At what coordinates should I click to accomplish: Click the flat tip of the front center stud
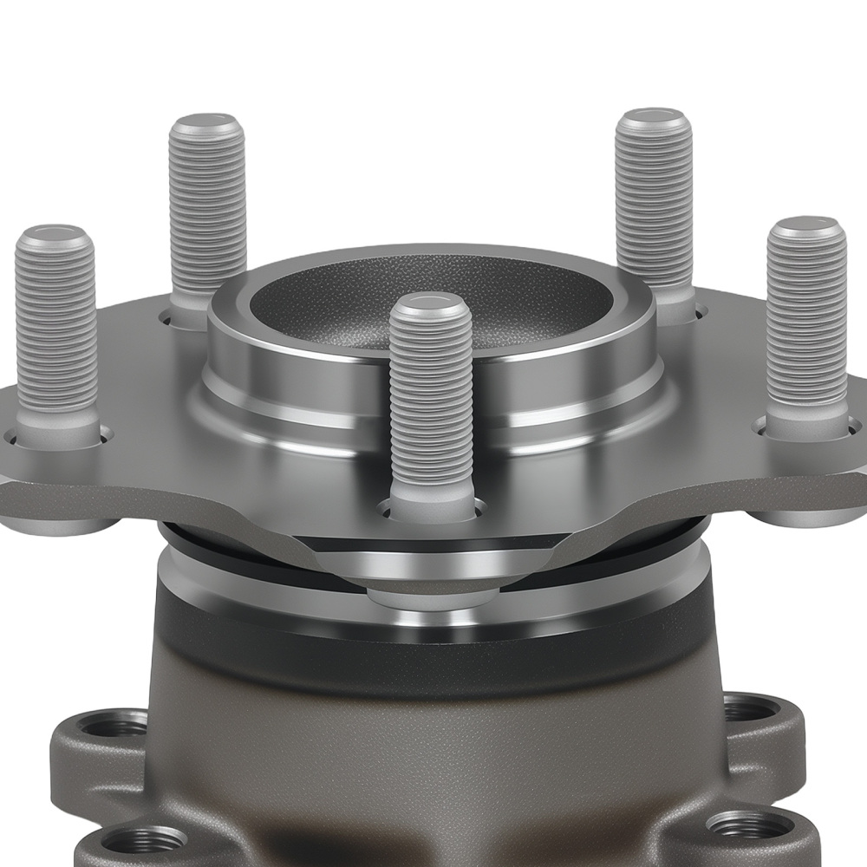(431, 305)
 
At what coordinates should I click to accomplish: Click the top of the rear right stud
(654, 120)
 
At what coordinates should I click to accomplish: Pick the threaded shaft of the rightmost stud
(806, 321)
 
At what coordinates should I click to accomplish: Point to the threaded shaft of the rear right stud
(654, 208)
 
